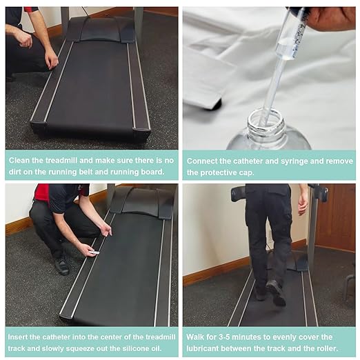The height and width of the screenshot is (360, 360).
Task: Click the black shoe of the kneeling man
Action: (x=61, y=265)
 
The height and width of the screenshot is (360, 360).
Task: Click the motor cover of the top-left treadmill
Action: (x=100, y=30)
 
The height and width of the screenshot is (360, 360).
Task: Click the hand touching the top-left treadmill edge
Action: (x=51, y=60)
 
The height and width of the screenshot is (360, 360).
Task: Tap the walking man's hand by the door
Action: (x=303, y=203)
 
